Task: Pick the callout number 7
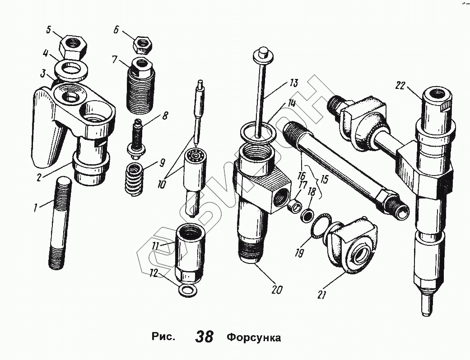(x=115, y=59)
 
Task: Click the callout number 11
(x=155, y=246)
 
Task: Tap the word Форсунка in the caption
(x=253, y=337)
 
